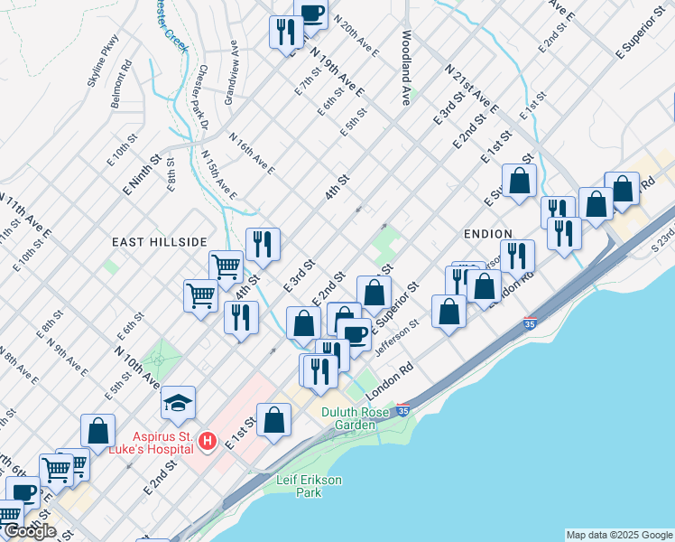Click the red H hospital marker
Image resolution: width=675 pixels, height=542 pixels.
tap(207, 441)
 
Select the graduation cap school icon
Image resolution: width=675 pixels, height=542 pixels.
tap(179, 401)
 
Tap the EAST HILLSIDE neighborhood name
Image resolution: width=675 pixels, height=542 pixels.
tap(160, 242)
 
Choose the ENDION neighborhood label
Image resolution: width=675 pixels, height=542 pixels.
tap(487, 234)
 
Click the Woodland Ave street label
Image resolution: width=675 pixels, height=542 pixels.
tap(407, 69)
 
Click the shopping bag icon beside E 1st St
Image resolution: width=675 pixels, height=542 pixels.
tap(273, 421)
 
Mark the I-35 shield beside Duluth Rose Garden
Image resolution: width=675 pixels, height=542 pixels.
tap(402, 410)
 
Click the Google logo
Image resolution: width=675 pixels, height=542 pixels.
tap(30, 530)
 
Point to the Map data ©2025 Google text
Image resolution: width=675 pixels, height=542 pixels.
tap(618, 535)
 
